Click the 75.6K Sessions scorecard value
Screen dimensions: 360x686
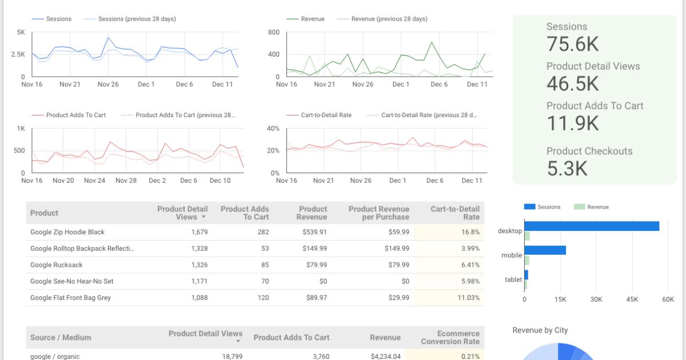coord(572,44)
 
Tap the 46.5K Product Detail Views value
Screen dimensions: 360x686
coord(572,83)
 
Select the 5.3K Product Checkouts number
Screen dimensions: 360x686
coord(567,168)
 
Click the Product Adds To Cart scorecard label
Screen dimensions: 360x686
coord(595,106)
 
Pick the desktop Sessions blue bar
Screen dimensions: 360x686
coord(591,226)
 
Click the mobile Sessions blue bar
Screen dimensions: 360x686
coord(545,250)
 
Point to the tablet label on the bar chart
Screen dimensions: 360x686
coord(513,279)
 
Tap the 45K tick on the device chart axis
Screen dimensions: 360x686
coord(632,299)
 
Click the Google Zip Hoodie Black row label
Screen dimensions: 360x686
coord(67,232)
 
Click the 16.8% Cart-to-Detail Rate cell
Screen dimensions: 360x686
coord(470,232)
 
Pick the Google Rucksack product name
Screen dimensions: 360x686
coord(56,265)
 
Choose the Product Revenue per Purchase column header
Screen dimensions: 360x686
coord(378,213)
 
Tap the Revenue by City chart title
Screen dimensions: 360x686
coord(540,330)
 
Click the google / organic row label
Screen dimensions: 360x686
coord(55,356)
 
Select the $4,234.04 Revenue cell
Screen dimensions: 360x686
coord(385,356)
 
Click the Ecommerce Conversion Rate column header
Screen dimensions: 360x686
coord(450,337)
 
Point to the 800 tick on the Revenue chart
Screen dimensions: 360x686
coord(273,33)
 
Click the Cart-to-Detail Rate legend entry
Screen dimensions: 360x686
coord(326,115)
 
